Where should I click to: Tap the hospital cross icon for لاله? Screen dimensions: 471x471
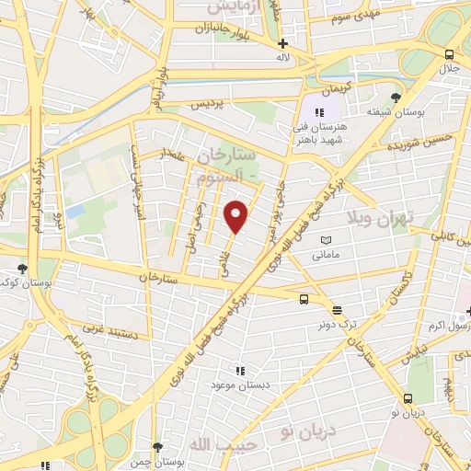click(283, 43)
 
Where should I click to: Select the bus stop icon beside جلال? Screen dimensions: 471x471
click(449, 54)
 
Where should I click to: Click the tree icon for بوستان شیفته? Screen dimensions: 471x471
click(396, 97)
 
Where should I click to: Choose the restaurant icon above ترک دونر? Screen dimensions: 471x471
click(337, 310)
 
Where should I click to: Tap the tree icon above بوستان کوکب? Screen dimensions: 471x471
click(22, 269)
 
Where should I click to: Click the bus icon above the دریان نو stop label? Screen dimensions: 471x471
click(408, 398)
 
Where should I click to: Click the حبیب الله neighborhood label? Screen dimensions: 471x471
click(213, 443)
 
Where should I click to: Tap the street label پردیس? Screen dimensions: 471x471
click(207, 106)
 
